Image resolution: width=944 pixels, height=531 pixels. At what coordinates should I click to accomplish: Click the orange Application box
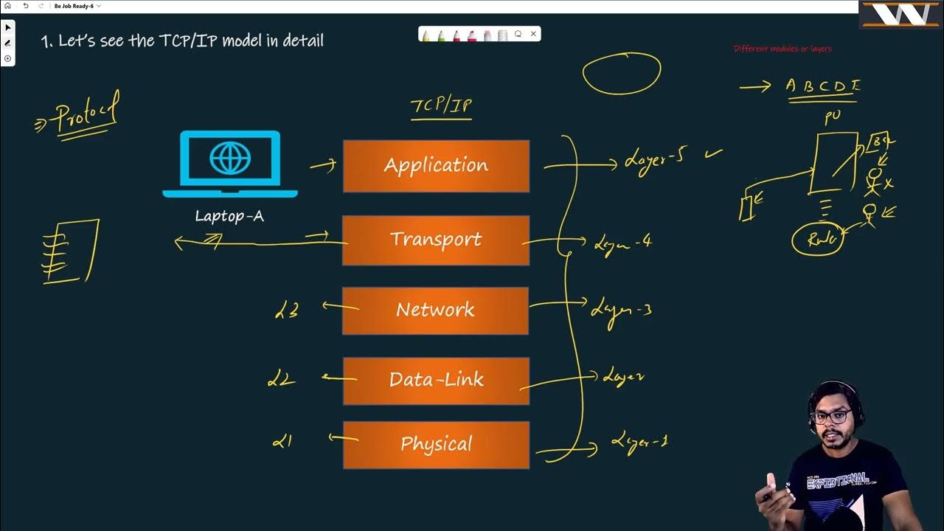(x=436, y=166)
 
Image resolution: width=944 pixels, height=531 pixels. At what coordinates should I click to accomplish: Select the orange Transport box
(x=436, y=240)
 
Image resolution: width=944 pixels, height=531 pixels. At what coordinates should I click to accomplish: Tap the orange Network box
(x=436, y=310)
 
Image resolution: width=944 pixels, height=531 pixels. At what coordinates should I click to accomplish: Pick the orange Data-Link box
(x=436, y=381)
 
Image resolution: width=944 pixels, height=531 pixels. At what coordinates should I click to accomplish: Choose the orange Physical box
(x=436, y=445)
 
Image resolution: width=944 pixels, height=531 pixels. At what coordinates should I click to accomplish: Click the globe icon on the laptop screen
(x=229, y=159)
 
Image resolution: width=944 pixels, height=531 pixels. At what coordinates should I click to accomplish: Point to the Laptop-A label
(x=229, y=216)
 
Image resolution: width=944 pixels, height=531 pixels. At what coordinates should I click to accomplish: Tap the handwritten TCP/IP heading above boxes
(x=441, y=105)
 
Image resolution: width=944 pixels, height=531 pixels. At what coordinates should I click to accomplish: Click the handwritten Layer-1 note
(x=639, y=442)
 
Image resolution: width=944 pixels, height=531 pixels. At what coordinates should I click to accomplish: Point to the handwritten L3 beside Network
(x=286, y=310)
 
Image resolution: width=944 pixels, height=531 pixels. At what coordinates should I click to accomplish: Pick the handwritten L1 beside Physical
(x=282, y=441)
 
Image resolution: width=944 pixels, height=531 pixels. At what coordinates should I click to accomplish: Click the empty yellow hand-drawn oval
(x=622, y=74)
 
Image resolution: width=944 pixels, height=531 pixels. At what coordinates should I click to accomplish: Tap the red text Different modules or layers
(x=782, y=49)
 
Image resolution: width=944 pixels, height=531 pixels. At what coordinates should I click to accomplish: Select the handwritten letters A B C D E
(x=822, y=86)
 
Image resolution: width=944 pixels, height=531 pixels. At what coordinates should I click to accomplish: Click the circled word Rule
(x=818, y=240)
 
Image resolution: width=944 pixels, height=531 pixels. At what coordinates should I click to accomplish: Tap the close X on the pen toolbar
(x=533, y=34)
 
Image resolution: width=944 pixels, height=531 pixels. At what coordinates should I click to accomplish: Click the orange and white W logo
(x=900, y=14)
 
